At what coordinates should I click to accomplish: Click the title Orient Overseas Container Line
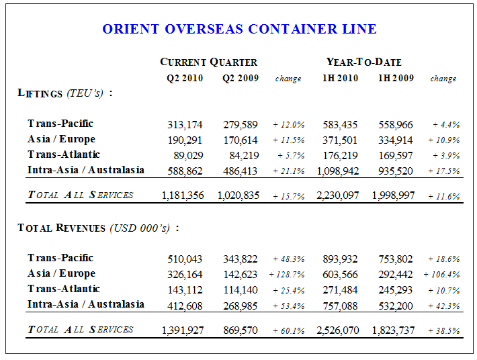[x=239, y=29]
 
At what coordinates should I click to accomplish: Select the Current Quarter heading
[x=208, y=62]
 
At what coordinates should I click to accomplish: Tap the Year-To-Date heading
[x=363, y=62]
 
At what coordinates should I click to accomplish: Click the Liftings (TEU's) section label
[x=64, y=93]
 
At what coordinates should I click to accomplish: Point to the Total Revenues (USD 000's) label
[x=98, y=228]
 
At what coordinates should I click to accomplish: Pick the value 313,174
[x=185, y=124]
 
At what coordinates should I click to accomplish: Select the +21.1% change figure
[x=289, y=171]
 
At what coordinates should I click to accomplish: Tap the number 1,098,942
[x=337, y=171]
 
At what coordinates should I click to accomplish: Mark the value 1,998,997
[x=393, y=195]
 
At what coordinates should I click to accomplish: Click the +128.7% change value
[x=287, y=275]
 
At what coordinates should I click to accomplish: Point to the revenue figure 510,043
[x=185, y=259]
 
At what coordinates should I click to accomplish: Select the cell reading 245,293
[x=395, y=290]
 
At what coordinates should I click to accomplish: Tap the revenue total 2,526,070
[x=337, y=330]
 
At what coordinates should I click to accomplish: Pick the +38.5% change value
[x=443, y=330]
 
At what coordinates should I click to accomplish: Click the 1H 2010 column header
[x=340, y=78]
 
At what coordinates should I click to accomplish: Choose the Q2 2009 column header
[x=241, y=78]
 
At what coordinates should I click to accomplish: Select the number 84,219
[x=243, y=155]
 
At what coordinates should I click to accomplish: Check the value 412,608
[x=185, y=306]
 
